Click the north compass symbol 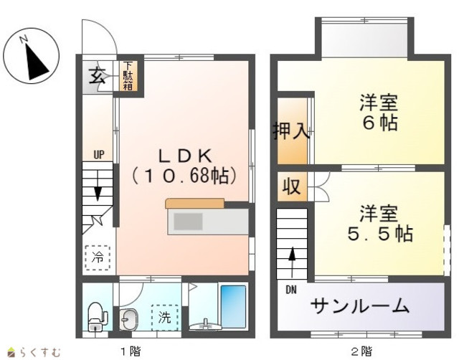[x=32, y=56]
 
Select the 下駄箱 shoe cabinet [x=128, y=76]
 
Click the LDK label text [x=185, y=156]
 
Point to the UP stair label [x=99, y=154]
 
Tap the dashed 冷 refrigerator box [x=98, y=257]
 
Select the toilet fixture [x=97, y=316]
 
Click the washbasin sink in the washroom [x=128, y=320]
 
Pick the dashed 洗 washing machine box [x=165, y=317]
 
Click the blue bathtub [x=233, y=306]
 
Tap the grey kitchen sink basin [x=188, y=222]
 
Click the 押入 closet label [x=291, y=131]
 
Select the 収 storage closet [x=292, y=186]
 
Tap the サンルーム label [x=359, y=306]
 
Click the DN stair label [x=291, y=290]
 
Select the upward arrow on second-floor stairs [x=292, y=262]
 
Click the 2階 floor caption [x=361, y=351]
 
